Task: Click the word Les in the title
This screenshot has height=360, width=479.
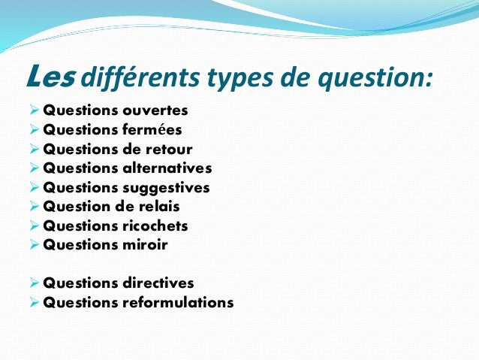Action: (x=49, y=76)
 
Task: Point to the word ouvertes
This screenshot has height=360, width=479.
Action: (x=155, y=110)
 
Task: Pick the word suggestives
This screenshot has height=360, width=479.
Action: (x=167, y=187)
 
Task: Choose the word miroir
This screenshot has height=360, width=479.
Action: (x=146, y=245)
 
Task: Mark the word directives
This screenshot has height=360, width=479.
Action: (x=158, y=283)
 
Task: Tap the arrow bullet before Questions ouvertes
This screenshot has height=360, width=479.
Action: (x=35, y=110)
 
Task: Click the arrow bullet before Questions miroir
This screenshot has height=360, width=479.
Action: (x=35, y=245)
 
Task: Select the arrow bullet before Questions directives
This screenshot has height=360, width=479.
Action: (x=35, y=283)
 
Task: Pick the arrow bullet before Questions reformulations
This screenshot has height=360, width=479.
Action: (x=35, y=303)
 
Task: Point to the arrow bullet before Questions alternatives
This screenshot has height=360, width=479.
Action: (x=35, y=168)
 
